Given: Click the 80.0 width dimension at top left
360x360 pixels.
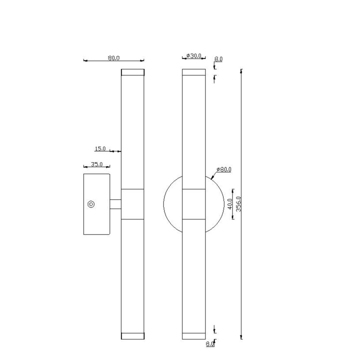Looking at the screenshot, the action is pos(114,58).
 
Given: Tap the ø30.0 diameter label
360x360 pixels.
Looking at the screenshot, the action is pos(194,56).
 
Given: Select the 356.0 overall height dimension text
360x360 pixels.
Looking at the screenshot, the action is pos(239,204).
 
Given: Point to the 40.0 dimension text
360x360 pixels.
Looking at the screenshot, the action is pos(230,204).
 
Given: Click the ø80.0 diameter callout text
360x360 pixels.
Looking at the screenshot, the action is pos(224,170).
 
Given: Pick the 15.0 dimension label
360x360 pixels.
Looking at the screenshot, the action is pos(100,149).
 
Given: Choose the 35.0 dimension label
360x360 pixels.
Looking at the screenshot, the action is pos(96,164).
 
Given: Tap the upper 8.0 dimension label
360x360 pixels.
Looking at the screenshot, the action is pos(219,59).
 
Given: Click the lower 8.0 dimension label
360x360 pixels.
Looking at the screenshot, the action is pos(210,344).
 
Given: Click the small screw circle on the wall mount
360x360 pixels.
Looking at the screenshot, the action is pos(91,204).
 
